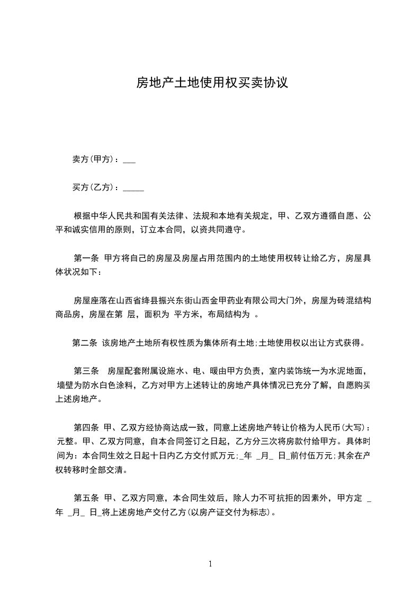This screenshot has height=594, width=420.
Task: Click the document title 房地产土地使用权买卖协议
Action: (x=212, y=83)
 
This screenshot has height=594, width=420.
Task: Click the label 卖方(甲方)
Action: (x=95, y=159)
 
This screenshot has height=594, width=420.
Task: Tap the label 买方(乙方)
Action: (x=95, y=187)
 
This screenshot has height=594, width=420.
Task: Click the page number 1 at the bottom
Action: (x=211, y=564)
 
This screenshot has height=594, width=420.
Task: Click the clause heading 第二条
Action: (x=85, y=343)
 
